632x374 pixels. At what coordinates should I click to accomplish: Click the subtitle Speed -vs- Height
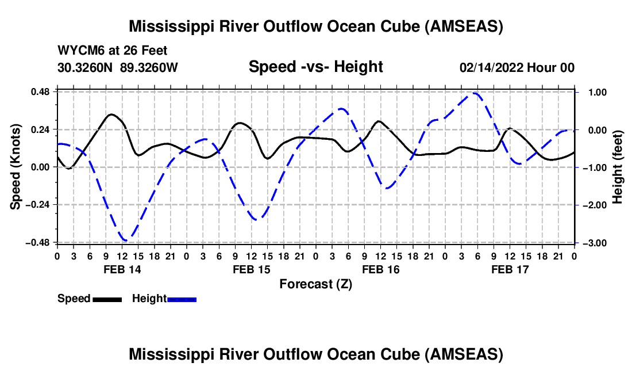pos(315,67)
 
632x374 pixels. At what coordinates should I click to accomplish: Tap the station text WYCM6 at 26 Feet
pos(113,51)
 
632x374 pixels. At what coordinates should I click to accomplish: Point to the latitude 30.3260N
pos(85,68)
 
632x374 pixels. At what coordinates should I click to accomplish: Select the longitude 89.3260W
pos(149,68)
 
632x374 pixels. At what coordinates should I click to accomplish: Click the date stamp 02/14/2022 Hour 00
pos(517,68)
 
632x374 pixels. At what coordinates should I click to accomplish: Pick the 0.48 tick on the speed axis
pos(40,92)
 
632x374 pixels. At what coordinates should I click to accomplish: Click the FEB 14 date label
pos(122,269)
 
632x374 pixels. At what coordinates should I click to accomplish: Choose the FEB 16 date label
pos(380,269)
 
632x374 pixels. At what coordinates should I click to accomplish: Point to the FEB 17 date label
pos(510,269)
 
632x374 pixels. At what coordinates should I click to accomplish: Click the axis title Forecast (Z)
pos(315,284)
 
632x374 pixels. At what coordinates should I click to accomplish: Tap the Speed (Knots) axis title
pos(16,167)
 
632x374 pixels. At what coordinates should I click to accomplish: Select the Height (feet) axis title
pos(618,167)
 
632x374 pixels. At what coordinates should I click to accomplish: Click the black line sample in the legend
pos(107,300)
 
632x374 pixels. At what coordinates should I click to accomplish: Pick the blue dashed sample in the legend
pos(182,300)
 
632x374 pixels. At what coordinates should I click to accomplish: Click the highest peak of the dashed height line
pos(475,93)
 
